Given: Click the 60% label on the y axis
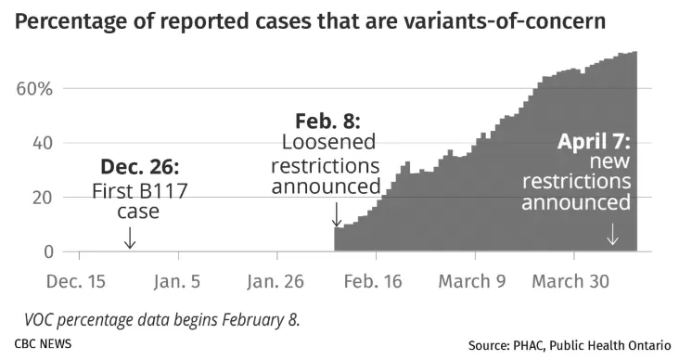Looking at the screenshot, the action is [x=34, y=89].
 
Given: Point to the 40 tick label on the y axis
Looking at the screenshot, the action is [x=43, y=143].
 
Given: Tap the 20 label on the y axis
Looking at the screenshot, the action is [x=43, y=198].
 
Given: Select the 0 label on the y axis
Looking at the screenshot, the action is [x=48, y=251].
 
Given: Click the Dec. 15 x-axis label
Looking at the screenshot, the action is [x=76, y=281].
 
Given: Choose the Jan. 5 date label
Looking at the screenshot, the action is [x=176, y=281].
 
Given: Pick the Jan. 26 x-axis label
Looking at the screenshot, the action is [x=275, y=281].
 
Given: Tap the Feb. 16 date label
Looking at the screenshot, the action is [x=373, y=281].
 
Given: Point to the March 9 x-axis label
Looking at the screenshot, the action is [x=472, y=281].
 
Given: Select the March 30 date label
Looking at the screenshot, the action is [x=570, y=281].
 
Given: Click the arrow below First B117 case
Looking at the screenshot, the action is [x=130, y=238].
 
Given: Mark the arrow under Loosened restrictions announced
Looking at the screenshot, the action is [x=337, y=215].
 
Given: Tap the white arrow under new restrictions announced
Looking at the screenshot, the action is [x=612, y=235].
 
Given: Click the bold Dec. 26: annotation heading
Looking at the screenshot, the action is [x=139, y=166].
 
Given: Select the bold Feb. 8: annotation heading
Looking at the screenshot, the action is [x=327, y=121].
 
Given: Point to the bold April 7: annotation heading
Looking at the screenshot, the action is [x=594, y=141].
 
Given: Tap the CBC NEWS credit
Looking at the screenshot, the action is [x=43, y=344].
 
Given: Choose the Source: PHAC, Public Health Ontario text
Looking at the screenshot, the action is [x=570, y=345].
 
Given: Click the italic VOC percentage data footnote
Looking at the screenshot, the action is [x=162, y=320].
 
